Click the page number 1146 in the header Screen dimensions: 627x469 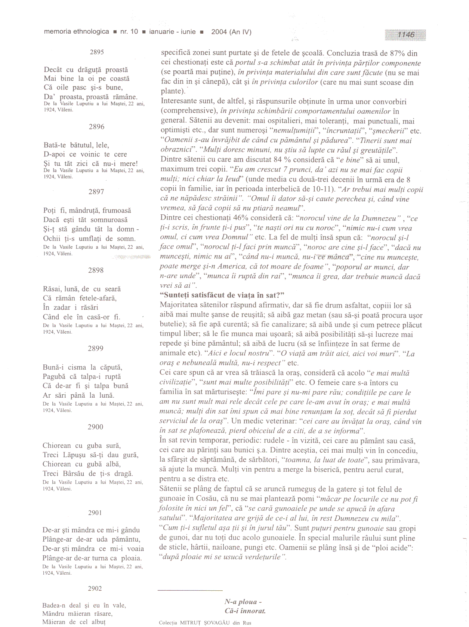pos(406,35)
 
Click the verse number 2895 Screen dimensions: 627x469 pos(97,52)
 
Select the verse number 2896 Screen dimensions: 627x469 pos(96,127)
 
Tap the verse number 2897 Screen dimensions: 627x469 pos(96,192)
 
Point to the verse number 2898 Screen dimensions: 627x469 pos(96,270)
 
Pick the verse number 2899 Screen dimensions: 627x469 pos(96,348)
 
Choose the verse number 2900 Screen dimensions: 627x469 pos(95,427)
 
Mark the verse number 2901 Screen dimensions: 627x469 pos(95,513)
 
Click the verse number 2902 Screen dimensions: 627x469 pos(95,588)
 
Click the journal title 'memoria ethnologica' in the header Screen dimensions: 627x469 pos(77,32)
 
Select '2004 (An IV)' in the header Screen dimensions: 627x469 pos(231,32)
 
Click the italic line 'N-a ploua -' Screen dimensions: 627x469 pos(243,602)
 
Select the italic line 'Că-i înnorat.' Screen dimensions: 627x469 pos(245,611)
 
